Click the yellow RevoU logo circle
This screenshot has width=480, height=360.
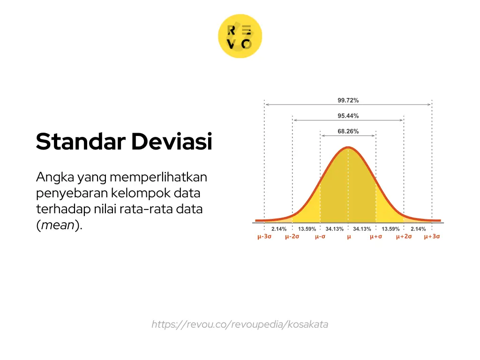pyautogui.click(x=240, y=37)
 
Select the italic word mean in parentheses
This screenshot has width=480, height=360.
pyautogui.click(x=59, y=225)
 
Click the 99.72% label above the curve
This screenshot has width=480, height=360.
pyautogui.click(x=348, y=100)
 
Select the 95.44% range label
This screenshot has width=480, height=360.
pyautogui.click(x=348, y=116)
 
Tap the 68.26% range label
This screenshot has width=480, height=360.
pyautogui.click(x=348, y=132)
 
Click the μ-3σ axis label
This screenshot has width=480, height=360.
pyautogui.click(x=264, y=237)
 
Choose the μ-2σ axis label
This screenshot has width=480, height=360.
pyautogui.click(x=292, y=237)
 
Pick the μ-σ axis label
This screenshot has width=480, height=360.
pyautogui.click(x=320, y=237)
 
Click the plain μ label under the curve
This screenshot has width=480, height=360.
pyautogui.click(x=348, y=237)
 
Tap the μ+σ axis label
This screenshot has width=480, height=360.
pyautogui.click(x=376, y=237)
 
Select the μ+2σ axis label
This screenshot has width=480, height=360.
pyautogui.click(x=404, y=237)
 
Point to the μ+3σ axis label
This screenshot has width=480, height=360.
pyautogui.click(x=432, y=237)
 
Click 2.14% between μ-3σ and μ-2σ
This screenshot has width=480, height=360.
pyautogui.click(x=279, y=229)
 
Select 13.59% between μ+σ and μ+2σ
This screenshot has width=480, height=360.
pyautogui.click(x=390, y=229)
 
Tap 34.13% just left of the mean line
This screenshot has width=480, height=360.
pyautogui.click(x=335, y=229)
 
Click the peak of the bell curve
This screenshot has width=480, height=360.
pyautogui.click(x=348, y=148)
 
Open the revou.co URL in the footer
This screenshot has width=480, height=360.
pyautogui.click(x=240, y=324)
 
